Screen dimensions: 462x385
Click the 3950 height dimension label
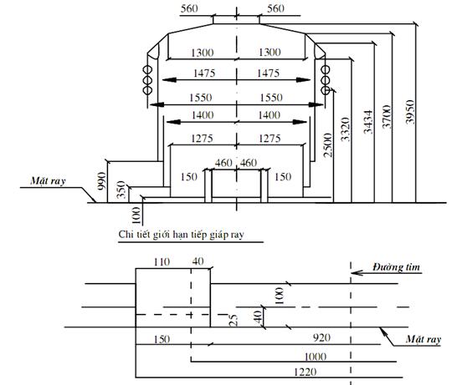click(x=410, y=112)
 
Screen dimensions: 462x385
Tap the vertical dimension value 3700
click(x=387, y=117)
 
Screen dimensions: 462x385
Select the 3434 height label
click(x=367, y=122)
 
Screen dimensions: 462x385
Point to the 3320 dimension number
click(x=345, y=129)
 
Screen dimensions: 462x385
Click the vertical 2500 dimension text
click(x=327, y=145)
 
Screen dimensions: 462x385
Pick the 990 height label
click(x=101, y=181)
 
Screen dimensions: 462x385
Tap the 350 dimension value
click(x=121, y=190)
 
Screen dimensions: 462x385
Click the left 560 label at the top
click(x=189, y=8)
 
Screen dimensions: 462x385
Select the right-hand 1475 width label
click(x=268, y=73)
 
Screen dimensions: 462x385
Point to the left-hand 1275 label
click(x=203, y=138)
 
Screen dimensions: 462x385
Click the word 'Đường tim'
click(x=396, y=267)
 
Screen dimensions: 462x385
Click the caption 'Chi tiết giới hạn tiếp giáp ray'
click(x=182, y=235)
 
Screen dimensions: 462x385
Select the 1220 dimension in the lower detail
click(x=305, y=372)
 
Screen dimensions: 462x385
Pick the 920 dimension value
click(x=321, y=337)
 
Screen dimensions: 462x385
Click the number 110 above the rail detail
click(x=162, y=262)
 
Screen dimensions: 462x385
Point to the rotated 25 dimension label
click(x=233, y=321)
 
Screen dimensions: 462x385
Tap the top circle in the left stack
click(x=147, y=70)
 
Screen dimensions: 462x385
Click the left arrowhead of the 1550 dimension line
click(x=157, y=104)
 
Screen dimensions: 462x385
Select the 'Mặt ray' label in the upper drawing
click(x=48, y=180)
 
